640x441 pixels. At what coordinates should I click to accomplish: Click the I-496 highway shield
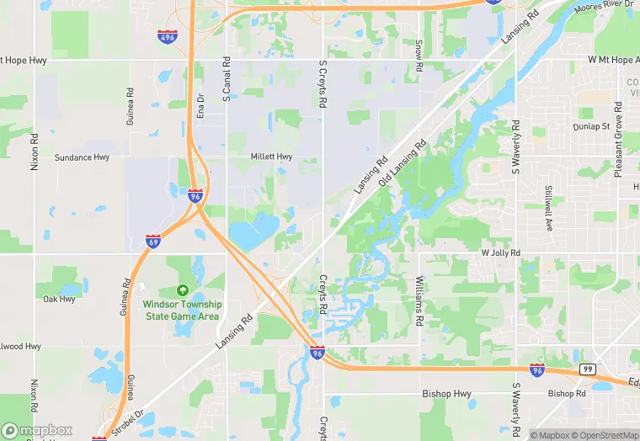click(x=168, y=36)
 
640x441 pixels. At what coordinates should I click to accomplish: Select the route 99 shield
click(x=587, y=369)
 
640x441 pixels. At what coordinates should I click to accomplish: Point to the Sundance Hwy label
click(x=83, y=157)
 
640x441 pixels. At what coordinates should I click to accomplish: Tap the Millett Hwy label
click(x=271, y=157)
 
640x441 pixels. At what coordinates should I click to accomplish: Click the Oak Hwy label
click(x=59, y=299)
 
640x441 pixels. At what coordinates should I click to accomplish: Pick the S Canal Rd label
click(x=227, y=80)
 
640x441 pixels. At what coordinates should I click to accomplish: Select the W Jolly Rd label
click(x=501, y=252)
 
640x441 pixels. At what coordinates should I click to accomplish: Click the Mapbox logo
click(x=38, y=429)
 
